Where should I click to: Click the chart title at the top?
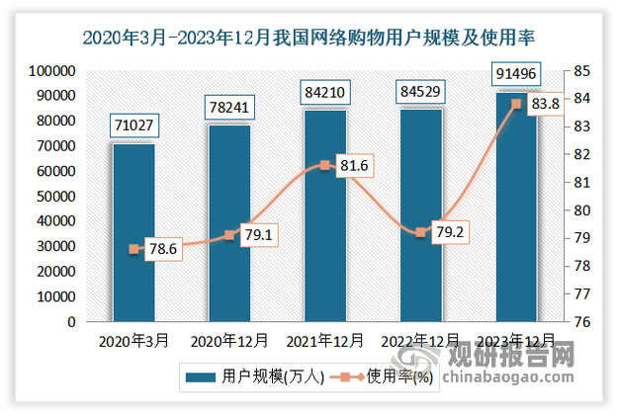(309, 40)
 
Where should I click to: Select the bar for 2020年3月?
(133, 232)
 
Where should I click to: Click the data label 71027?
(133, 126)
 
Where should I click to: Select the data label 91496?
(515, 74)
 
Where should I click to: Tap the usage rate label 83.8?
(545, 104)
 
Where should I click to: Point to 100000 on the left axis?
(48, 72)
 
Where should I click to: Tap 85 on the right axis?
(580, 72)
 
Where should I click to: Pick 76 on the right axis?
(580, 322)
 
